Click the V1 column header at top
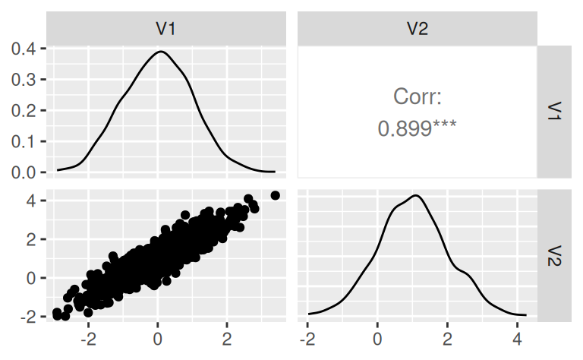tap(167, 30)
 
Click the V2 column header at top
tap(418, 30)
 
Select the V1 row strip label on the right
tap(553, 112)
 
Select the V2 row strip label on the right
tap(553, 254)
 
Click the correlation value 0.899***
tap(417, 128)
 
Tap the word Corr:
tap(417, 96)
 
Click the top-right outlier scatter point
tap(275, 195)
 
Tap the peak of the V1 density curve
tap(159, 52)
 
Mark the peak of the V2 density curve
tap(416, 196)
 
